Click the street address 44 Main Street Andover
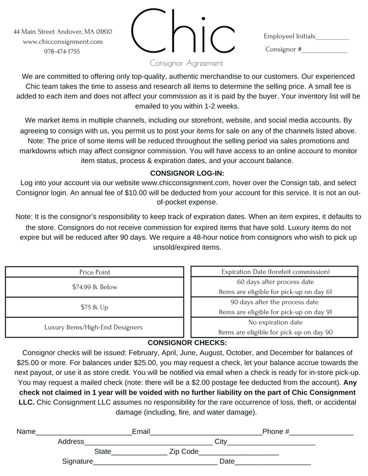coord(63,31)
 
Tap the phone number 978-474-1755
coord(62,51)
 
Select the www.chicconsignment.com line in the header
coord(63,42)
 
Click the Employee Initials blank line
coord(332,38)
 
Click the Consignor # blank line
coord(324,51)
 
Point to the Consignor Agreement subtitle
coord(186,63)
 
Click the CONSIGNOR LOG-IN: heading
coord(184,173)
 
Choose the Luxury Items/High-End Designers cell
coord(94,327)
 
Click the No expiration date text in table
coord(275,322)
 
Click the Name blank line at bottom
coord(83,433)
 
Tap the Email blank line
coord(206,433)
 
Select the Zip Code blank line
coord(239,453)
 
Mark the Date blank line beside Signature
coord(273,463)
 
